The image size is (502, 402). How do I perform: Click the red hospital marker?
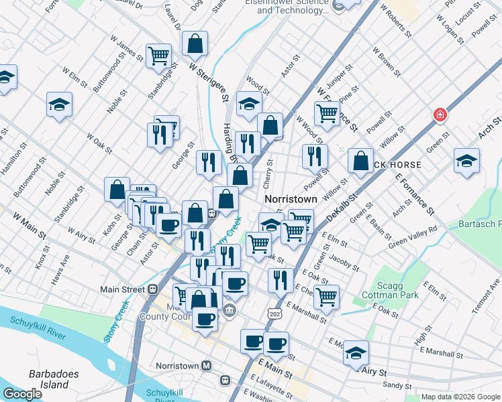click(x=440, y=115)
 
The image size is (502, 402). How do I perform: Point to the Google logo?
click(x=22, y=394)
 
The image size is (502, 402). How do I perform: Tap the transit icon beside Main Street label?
click(x=153, y=289)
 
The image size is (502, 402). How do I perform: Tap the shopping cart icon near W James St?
click(x=159, y=55)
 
